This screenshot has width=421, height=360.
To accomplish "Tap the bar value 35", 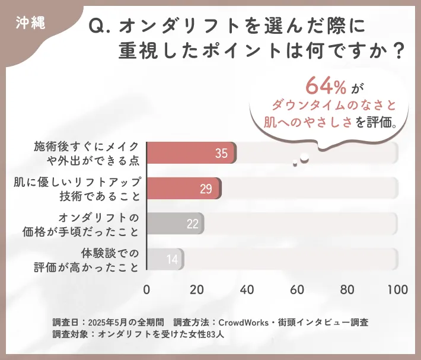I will pos(221,154).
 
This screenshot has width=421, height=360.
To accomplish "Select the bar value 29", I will pos(206,189).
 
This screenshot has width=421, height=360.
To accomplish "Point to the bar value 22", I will pos(192,224).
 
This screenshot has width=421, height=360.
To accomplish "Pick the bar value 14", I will pos(172,259).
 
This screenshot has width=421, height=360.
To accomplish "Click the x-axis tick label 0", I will pos(146,290).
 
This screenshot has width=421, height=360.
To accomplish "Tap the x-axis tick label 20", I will pos(197,290).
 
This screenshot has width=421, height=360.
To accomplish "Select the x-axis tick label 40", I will pos(247,290).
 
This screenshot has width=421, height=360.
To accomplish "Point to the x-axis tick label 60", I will pos(298,290).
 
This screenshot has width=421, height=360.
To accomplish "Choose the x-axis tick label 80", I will pos(347,290).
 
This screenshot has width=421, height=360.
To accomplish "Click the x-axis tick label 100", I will pos(397,290).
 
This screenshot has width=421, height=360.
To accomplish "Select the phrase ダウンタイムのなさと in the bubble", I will pos(333,105).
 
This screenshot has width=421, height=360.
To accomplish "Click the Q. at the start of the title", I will pos(100,26).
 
